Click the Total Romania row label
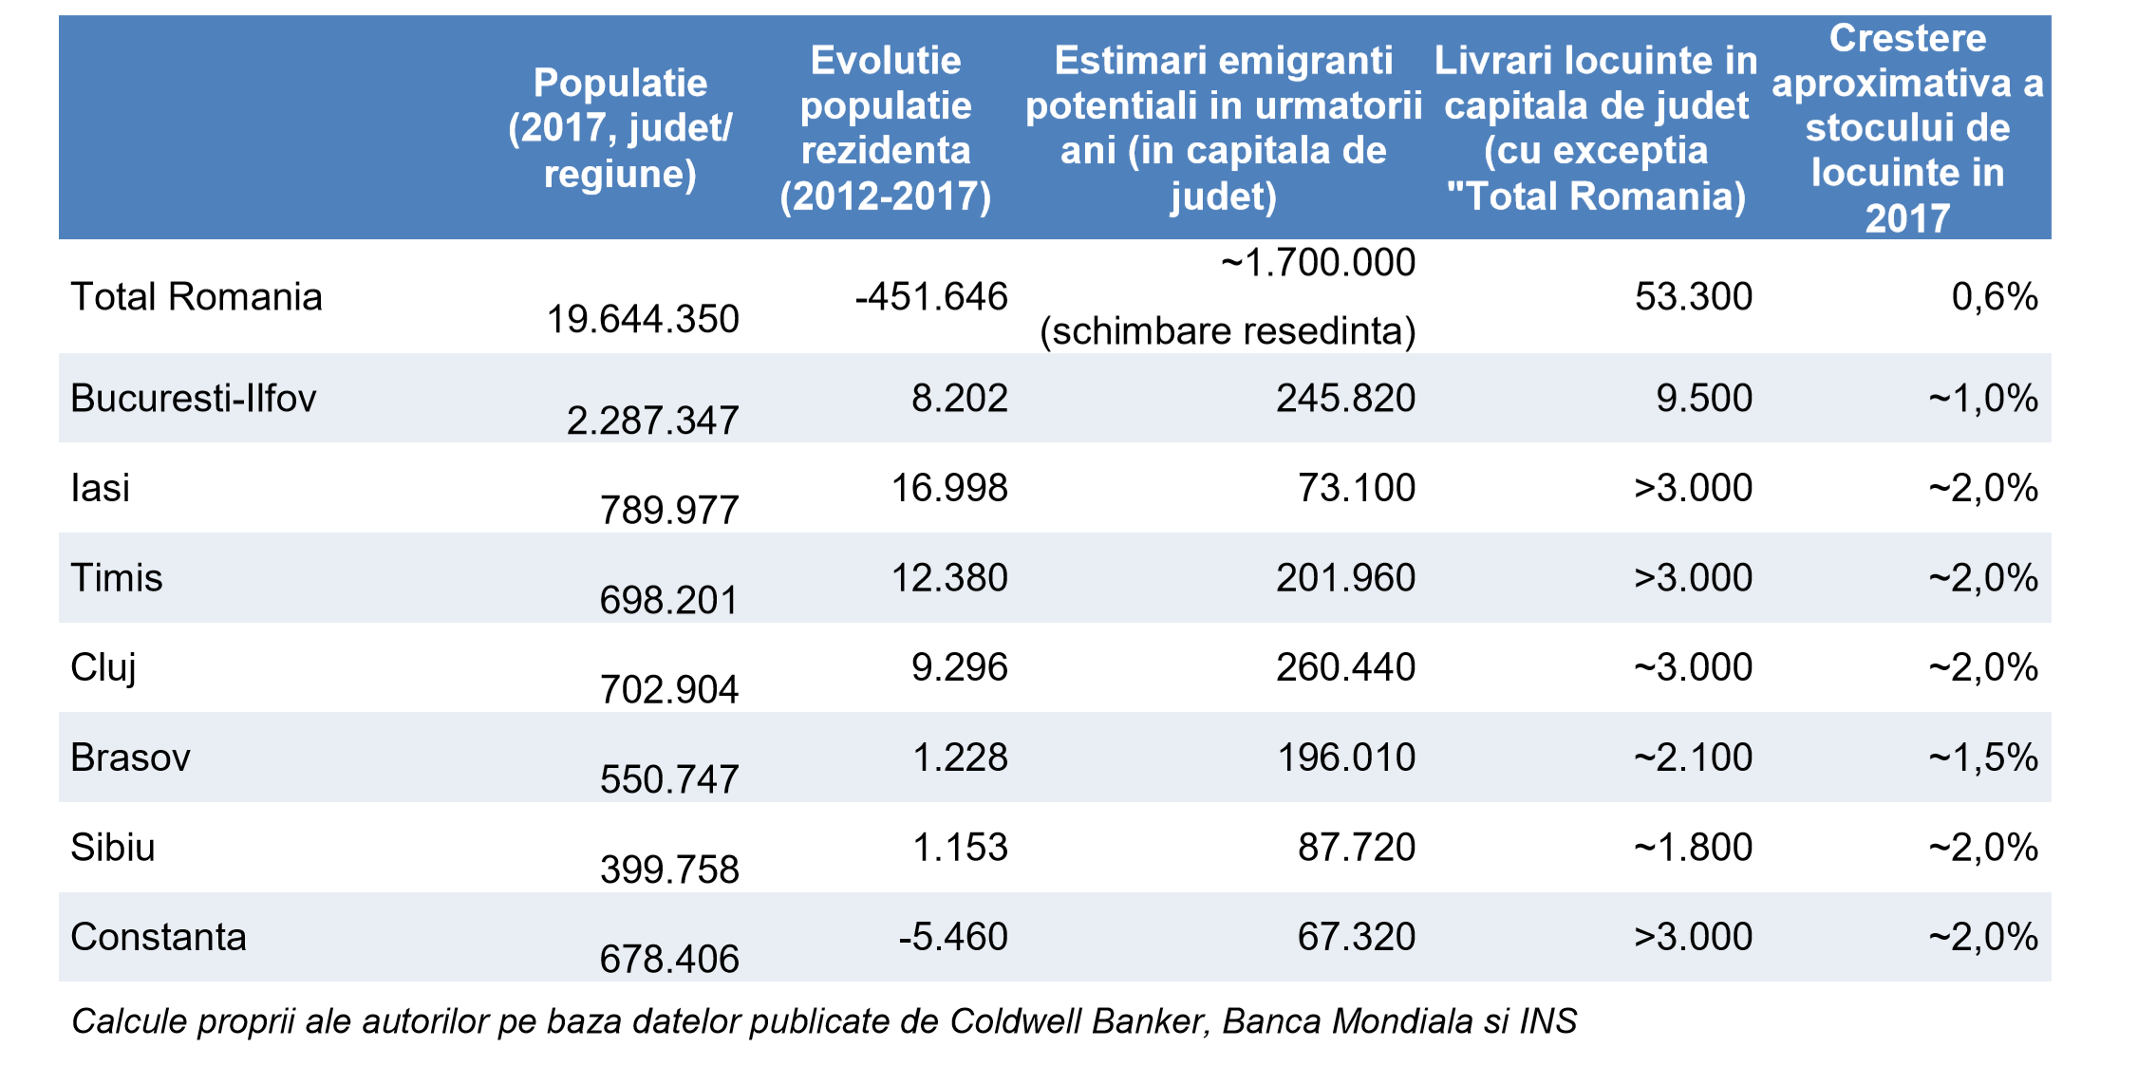pyautogui.click(x=197, y=297)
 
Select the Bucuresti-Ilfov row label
pyautogui.click(x=193, y=399)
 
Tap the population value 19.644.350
pyautogui.click(x=642, y=319)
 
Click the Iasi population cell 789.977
pyautogui.click(x=668, y=511)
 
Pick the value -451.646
pyautogui.click(x=930, y=297)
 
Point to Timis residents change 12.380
pyautogui.click(x=948, y=578)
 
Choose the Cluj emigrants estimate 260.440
pyautogui.click(x=1345, y=667)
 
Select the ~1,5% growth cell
pyautogui.click(x=1982, y=757)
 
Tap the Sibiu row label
pyautogui.click(x=112, y=848)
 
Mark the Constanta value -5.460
pyautogui.click(x=952, y=937)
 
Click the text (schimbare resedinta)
pyautogui.click(x=1228, y=331)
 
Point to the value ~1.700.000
pyautogui.click(x=1318, y=263)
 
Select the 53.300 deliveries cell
pyautogui.click(x=1693, y=297)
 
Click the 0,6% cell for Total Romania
pyautogui.click(x=1994, y=297)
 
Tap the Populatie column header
pyautogui.click(x=620, y=128)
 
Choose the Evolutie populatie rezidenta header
pyautogui.click(x=885, y=128)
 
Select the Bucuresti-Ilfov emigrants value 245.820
pyautogui.click(x=1345, y=399)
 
